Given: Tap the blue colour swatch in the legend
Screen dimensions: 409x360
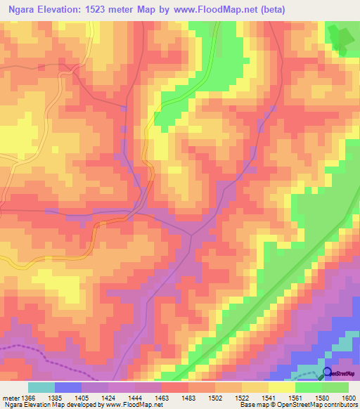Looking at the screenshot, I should pos(67,387).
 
